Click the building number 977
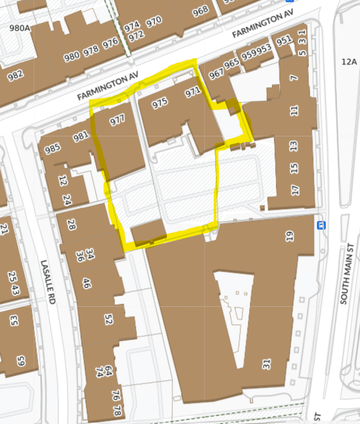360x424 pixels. coord(117,120)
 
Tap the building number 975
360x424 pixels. coord(160,103)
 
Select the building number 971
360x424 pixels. coord(193,92)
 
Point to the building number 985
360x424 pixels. coord(52,149)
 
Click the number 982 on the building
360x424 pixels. coord(15,75)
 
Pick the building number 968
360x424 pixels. coord(200,11)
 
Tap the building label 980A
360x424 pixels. coord(20,28)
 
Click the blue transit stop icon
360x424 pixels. coord(321,225)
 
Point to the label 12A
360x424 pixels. coord(349,61)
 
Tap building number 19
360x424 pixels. coord(290,236)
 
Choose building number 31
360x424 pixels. coord(267,364)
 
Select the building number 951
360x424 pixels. coord(284,41)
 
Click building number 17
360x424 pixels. coord(295,190)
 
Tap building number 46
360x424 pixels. coord(86,283)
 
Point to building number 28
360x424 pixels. coord(71,224)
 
